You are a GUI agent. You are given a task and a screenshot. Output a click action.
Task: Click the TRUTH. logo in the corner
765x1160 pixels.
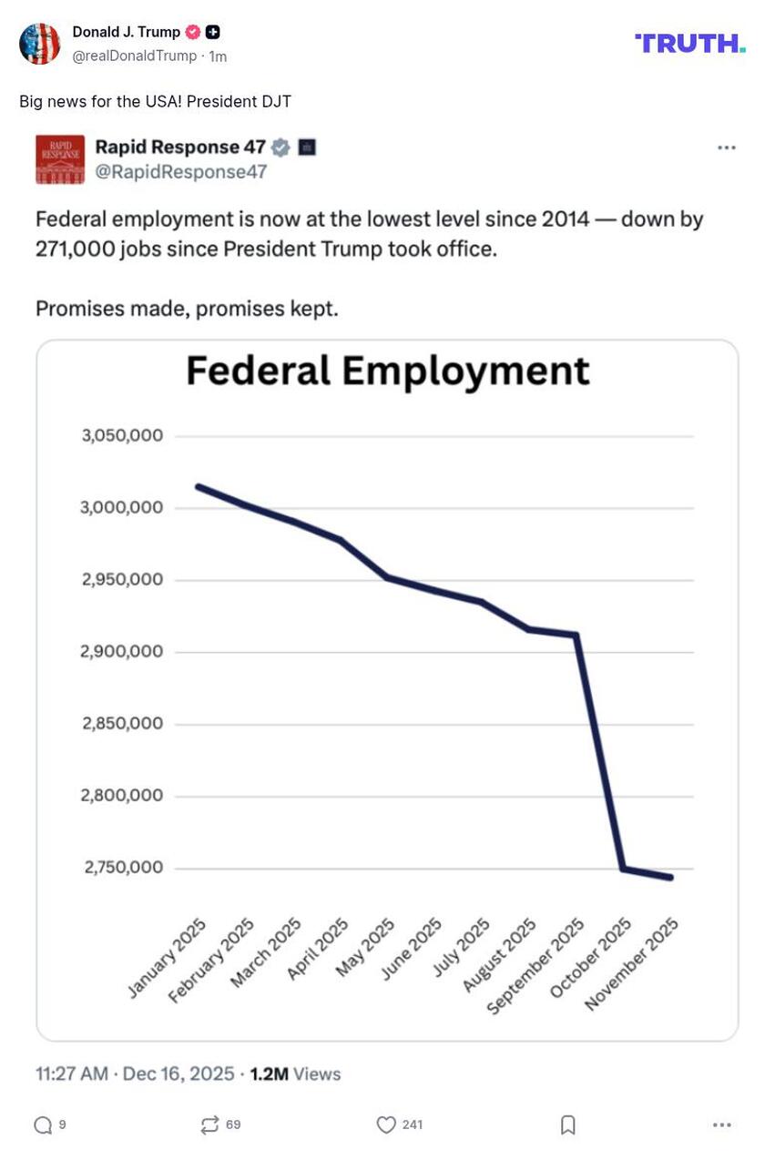click(689, 43)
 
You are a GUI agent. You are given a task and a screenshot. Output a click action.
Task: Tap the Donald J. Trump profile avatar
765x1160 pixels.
click(40, 44)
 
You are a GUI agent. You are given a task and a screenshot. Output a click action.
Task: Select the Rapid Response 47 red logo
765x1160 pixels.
click(60, 159)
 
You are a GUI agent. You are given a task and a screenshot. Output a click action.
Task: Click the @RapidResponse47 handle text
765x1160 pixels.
click(181, 171)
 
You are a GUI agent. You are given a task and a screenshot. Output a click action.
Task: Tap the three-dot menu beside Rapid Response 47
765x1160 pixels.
click(726, 148)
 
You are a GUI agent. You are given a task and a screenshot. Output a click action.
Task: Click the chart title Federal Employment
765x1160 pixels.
click(388, 371)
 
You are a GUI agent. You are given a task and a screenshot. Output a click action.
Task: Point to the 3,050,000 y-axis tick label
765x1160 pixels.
click(123, 435)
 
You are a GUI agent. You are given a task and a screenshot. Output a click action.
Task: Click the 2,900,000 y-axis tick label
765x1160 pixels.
click(123, 651)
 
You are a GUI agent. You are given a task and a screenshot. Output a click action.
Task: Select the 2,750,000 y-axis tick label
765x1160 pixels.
click(123, 867)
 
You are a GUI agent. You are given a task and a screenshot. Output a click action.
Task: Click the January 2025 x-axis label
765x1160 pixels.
click(168, 957)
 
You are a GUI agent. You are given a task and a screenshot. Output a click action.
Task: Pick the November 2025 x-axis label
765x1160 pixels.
click(632, 963)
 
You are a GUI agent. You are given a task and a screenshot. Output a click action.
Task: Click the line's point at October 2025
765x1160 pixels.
click(624, 869)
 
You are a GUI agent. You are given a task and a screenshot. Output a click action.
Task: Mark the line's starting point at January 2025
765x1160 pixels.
click(199, 487)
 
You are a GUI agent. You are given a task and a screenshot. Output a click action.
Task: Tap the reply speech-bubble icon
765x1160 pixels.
click(43, 1125)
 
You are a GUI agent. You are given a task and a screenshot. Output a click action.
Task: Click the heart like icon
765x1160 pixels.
click(386, 1125)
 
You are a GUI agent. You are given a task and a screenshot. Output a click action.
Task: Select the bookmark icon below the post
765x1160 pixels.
click(567, 1125)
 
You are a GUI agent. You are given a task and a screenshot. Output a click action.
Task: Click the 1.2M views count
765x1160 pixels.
click(269, 1074)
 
